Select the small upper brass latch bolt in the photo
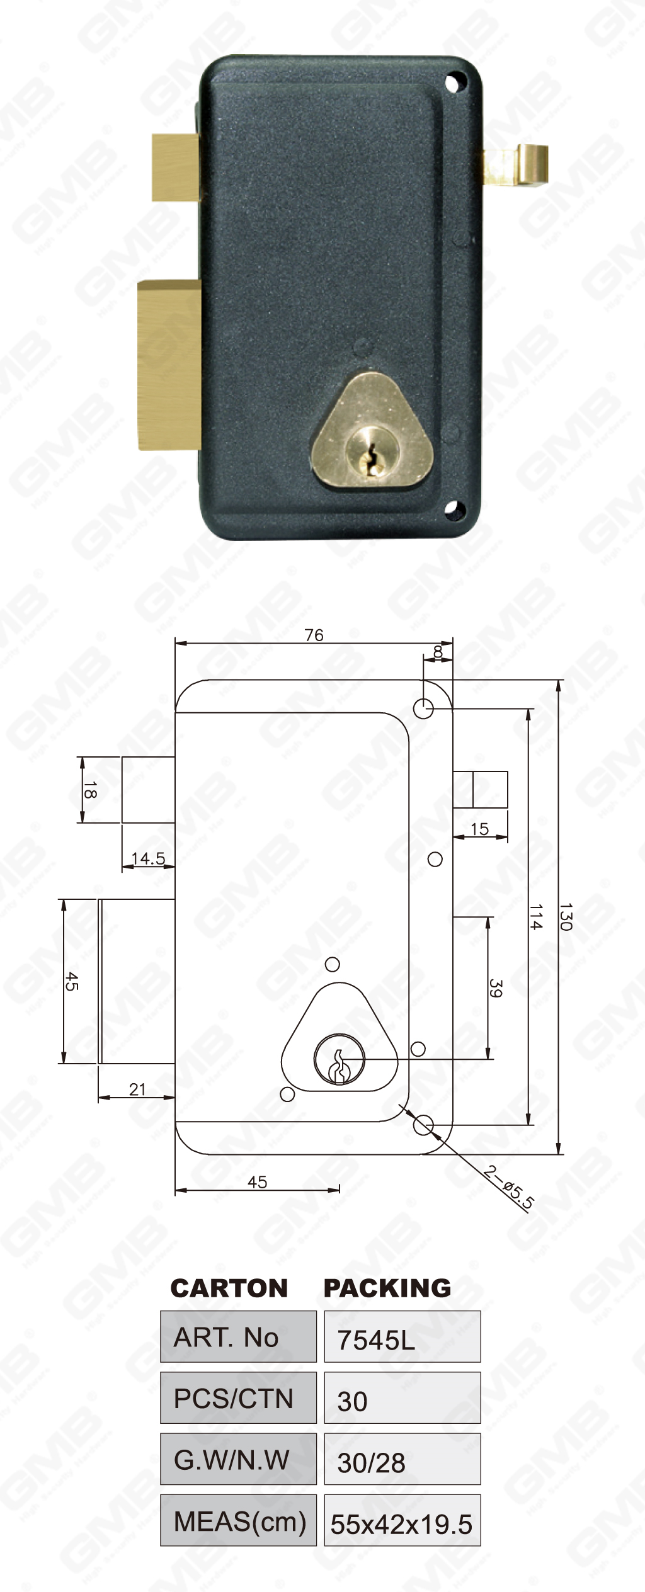pyautogui.click(x=176, y=168)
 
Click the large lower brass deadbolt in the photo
pyautogui.click(x=169, y=365)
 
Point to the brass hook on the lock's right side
pyautogui.click(x=526, y=165)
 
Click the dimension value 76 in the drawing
pyautogui.click(x=314, y=635)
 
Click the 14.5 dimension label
pyautogui.click(x=148, y=858)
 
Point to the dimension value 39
pyautogui.click(x=496, y=988)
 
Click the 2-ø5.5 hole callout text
pyautogui.click(x=509, y=1187)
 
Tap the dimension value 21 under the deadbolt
pyautogui.click(x=137, y=1089)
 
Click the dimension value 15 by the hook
pyautogui.click(x=479, y=829)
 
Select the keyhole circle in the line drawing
pyautogui.click(x=339, y=1060)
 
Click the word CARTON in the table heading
pyautogui.click(x=229, y=1288)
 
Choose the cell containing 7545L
pyautogui.click(x=402, y=1337)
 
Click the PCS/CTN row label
pyautogui.click(x=237, y=1398)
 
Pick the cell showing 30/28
pyautogui.click(x=402, y=1459)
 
